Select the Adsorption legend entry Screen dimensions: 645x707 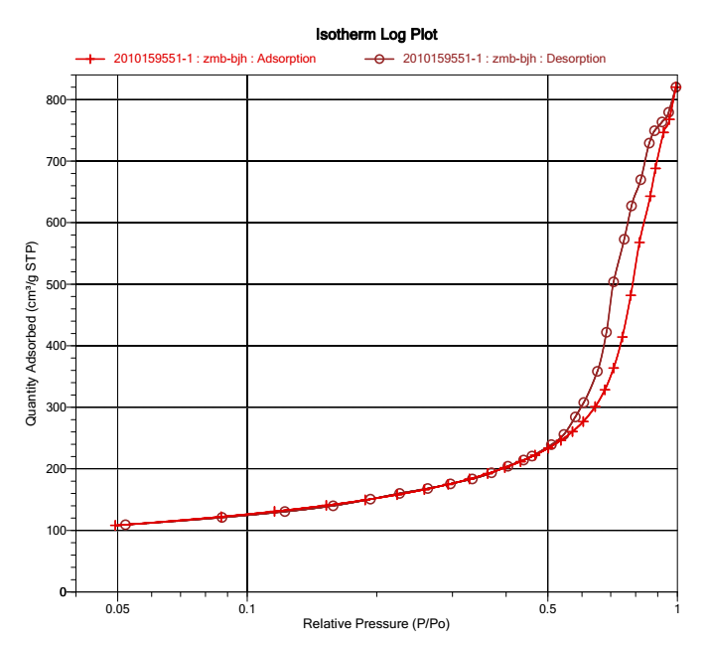(x=214, y=59)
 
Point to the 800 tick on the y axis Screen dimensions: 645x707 (x=52, y=100)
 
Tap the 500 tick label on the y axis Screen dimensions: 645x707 (x=52, y=284)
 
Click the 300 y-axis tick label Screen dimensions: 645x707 (x=52, y=407)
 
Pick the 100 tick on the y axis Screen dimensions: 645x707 (x=52, y=531)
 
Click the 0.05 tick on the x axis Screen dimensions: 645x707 (x=117, y=607)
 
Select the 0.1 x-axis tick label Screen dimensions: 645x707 (x=247, y=607)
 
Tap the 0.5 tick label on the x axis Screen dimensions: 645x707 (x=548, y=607)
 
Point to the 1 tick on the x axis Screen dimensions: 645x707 (x=678, y=607)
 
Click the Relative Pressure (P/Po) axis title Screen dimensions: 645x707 (x=366, y=625)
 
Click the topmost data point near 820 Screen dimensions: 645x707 (x=676, y=87)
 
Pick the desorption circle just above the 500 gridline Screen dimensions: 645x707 (x=614, y=282)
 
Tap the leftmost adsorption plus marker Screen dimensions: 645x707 (x=116, y=525)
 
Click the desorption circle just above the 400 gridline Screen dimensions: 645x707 (x=607, y=332)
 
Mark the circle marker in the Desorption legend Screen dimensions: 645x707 (x=378, y=59)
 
